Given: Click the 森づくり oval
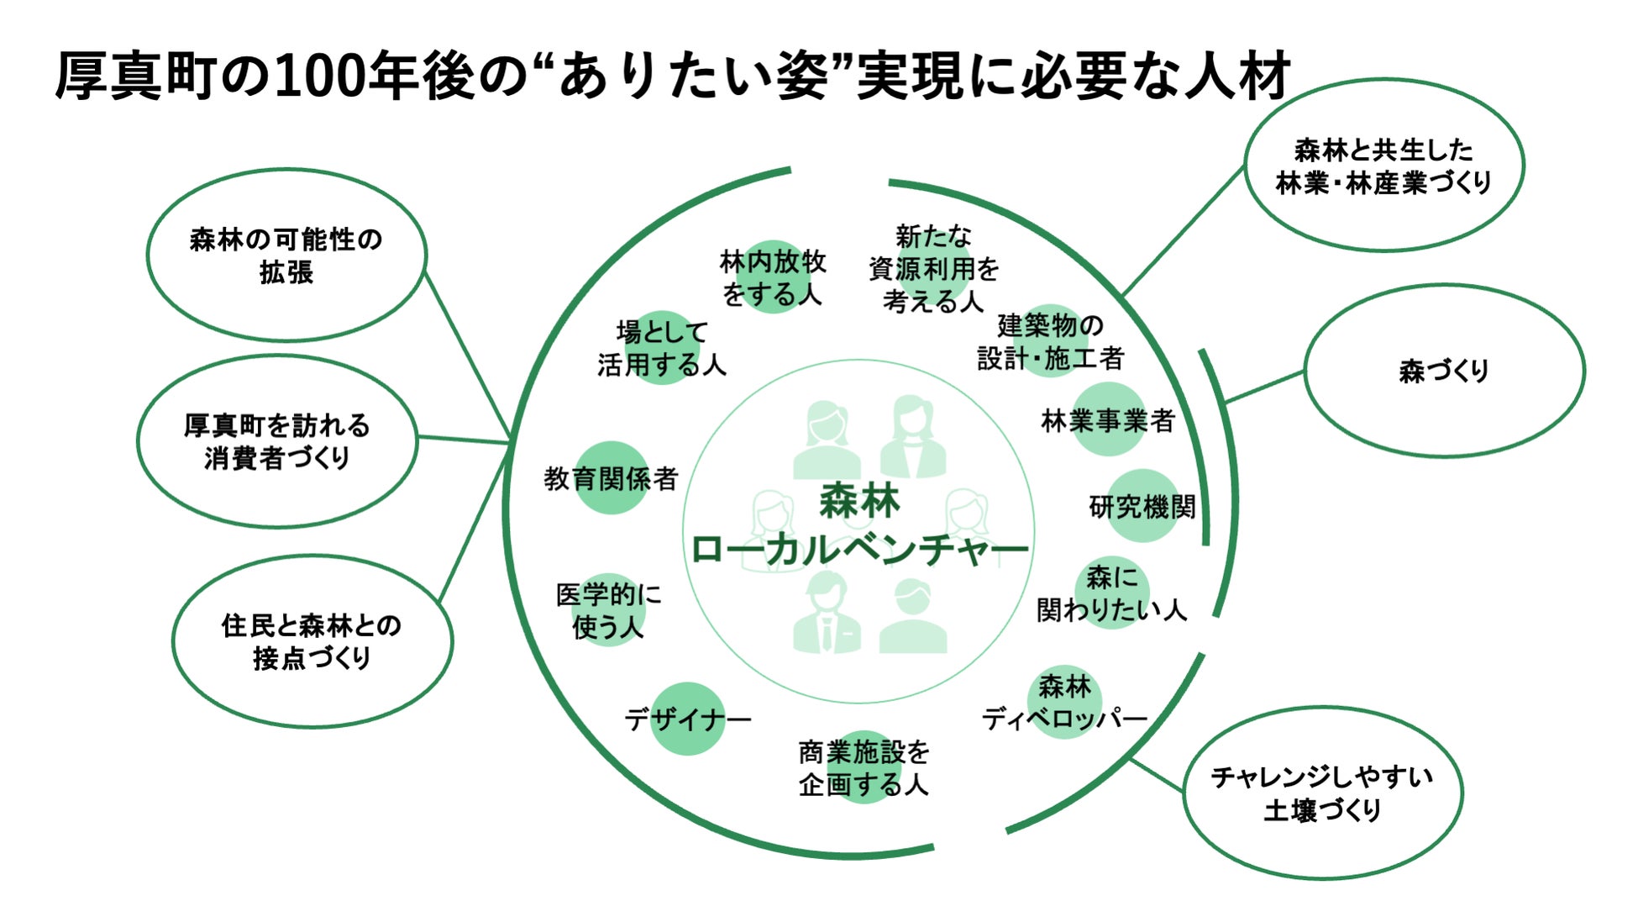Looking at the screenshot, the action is (1443, 371).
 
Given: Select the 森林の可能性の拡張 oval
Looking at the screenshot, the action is (286, 256).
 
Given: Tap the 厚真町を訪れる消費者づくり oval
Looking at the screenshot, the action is (276, 441).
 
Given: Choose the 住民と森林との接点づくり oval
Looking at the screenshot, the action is (312, 641).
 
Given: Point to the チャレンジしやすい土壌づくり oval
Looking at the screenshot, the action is (1322, 793).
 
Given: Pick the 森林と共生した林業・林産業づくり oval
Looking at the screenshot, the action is (1383, 166).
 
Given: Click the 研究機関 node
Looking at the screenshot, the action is (1142, 506).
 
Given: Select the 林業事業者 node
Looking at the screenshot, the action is (1108, 419).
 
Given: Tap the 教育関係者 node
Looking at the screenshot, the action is (611, 478).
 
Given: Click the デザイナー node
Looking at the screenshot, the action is (687, 719).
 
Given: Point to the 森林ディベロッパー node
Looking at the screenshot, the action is (1064, 703).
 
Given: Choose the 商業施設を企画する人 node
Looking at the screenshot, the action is (864, 767).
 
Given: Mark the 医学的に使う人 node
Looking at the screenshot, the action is (608, 610).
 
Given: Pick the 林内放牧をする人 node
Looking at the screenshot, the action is (773, 277).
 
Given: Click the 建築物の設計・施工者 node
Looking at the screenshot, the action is (1050, 341).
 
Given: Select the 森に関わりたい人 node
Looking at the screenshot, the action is (1111, 593).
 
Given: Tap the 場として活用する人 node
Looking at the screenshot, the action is (662, 348).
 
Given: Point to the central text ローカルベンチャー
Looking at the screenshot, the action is (858, 550).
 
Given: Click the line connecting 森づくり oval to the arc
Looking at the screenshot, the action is (1265, 387).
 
